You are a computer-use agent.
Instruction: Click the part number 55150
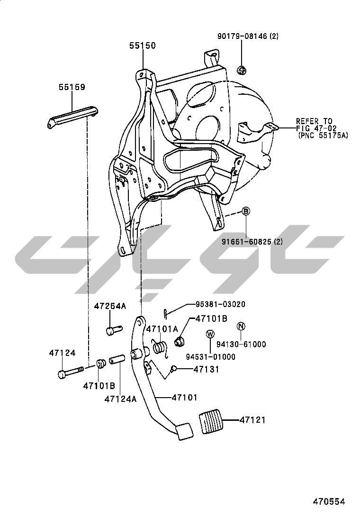coord(143,46)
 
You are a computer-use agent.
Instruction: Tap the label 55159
coord(72,87)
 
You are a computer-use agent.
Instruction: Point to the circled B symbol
coord(246,212)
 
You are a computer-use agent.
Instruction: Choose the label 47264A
coord(110,306)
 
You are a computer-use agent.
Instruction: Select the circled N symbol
coord(241,326)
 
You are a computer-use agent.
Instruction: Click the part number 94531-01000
coord(210,356)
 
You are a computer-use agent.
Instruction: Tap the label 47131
coord(207,369)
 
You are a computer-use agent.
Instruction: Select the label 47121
coord(252,420)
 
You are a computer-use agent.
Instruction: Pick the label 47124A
coord(120,399)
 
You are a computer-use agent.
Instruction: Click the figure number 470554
coord(328,501)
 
